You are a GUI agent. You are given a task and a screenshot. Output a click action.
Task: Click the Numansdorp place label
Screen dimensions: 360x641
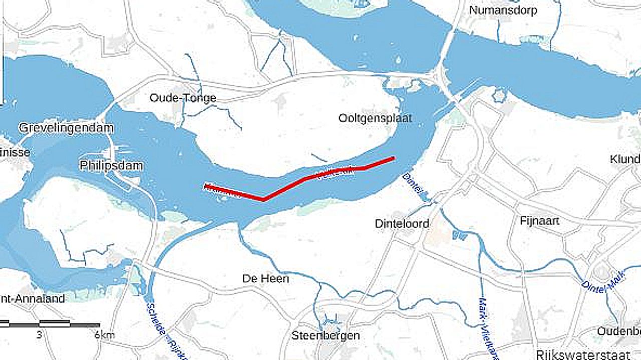(503, 10)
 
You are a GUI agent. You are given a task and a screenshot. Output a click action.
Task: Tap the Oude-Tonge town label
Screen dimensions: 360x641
(183, 98)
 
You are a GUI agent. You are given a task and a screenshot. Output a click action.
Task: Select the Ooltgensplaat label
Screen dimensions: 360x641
(375, 118)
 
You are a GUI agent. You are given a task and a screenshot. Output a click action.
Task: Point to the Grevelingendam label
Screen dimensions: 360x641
(66, 128)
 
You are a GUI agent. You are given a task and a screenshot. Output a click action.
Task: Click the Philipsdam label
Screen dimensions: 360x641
(111, 165)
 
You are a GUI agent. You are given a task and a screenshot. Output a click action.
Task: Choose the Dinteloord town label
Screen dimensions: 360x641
(402, 224)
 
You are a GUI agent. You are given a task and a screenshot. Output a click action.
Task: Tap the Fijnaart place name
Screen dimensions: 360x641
(539, 220)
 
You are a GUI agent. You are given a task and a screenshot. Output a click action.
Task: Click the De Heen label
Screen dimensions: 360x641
(265, 278)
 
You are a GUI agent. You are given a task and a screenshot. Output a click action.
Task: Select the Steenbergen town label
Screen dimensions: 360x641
(326, 335)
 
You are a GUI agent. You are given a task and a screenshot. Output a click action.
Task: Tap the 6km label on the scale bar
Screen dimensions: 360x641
(104, 335)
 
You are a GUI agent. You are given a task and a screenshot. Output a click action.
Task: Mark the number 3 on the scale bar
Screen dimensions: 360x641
(39, 335)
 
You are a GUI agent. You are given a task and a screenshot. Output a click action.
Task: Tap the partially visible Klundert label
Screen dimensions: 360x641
(625, 159)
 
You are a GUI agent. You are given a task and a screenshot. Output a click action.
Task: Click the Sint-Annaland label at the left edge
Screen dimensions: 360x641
(33, 299)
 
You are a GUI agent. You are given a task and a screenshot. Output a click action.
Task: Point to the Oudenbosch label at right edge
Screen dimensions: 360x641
(619, 331)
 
